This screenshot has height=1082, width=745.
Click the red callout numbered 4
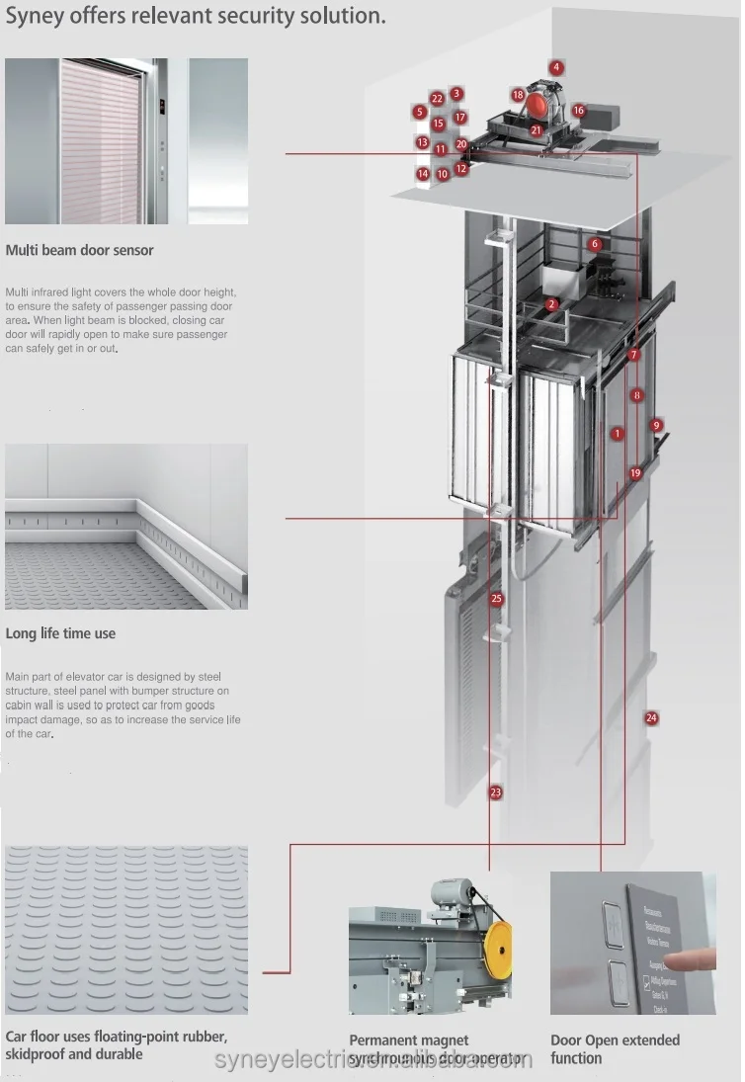[x=557, y=67]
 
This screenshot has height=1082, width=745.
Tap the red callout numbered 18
[x=518, y=94]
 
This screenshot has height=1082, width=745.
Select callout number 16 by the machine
[x=579, y=111]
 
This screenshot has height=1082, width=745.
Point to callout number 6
[x=595, y=244]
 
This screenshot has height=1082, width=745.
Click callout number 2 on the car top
[x=551, y=305]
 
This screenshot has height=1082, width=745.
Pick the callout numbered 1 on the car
[x=618, y=433]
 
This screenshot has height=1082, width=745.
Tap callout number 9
[x=656, y=425]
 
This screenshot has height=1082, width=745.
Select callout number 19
[x=635, y=473]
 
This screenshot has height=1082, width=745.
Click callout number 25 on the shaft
[x=496, y=599]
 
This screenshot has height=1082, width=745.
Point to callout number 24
[x=651, y=717]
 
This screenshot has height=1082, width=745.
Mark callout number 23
[x=495, y=792]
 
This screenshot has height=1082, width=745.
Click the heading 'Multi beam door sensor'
[x=80, y=250]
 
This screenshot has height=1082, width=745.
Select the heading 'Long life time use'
[x=60, y=633]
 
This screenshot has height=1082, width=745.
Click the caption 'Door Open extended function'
[x=615, y=1048]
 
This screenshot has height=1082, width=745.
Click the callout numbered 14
[x=423, y=174]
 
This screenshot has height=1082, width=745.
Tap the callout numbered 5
[x=420, y=113]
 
